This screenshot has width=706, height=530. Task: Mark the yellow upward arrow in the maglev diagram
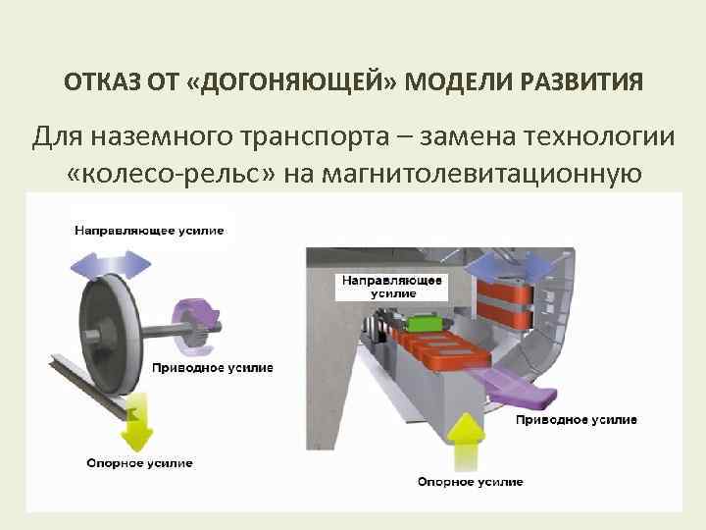(469, 439)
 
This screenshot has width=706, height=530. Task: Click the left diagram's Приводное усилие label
(213, 368)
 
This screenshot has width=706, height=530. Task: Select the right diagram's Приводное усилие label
(577, 419)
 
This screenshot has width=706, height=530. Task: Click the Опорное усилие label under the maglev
(470, 482)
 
